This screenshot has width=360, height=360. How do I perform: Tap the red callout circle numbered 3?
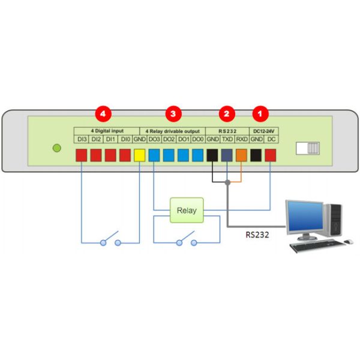point(173,113)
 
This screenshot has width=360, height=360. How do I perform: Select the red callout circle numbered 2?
point(226,113)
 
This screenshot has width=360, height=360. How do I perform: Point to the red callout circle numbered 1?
point(260,113)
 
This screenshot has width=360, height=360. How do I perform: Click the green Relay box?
point(186,211)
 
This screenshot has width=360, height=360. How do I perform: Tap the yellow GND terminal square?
point(139,155)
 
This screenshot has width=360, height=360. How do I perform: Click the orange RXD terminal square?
point(241,155)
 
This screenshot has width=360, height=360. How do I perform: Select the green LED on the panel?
point(57,148)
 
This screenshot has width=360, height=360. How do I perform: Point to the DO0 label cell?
point(197,139)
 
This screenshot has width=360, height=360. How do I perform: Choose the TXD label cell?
point(227,139)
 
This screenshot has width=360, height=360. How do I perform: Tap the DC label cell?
point(271,139)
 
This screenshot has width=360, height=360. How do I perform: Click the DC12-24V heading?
point(263,131)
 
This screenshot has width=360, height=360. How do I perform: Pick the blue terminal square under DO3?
point(154,155)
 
